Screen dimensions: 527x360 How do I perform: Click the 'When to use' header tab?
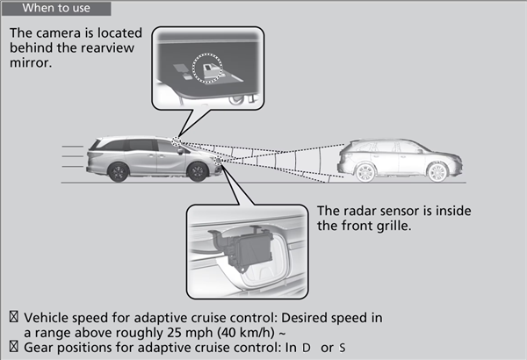56,8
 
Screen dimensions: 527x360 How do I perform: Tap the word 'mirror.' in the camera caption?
31,63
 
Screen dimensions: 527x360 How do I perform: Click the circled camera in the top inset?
207,68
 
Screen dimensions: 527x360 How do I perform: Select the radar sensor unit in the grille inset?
245,247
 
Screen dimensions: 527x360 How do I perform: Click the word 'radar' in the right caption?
357,211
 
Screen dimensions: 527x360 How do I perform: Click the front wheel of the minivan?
198,171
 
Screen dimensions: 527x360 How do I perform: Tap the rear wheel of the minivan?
119,172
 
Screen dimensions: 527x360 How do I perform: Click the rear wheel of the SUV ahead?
365,172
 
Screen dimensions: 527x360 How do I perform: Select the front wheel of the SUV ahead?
437,172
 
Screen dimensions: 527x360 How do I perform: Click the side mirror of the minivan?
180,151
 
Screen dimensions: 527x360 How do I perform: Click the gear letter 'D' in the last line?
306,348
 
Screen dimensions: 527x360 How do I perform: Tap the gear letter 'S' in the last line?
343,348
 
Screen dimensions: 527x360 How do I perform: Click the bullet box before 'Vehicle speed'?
14,317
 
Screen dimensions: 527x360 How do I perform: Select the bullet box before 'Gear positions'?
14,347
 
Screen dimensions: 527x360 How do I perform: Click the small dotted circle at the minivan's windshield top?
177,140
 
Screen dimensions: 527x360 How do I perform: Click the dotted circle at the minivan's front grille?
218,161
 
